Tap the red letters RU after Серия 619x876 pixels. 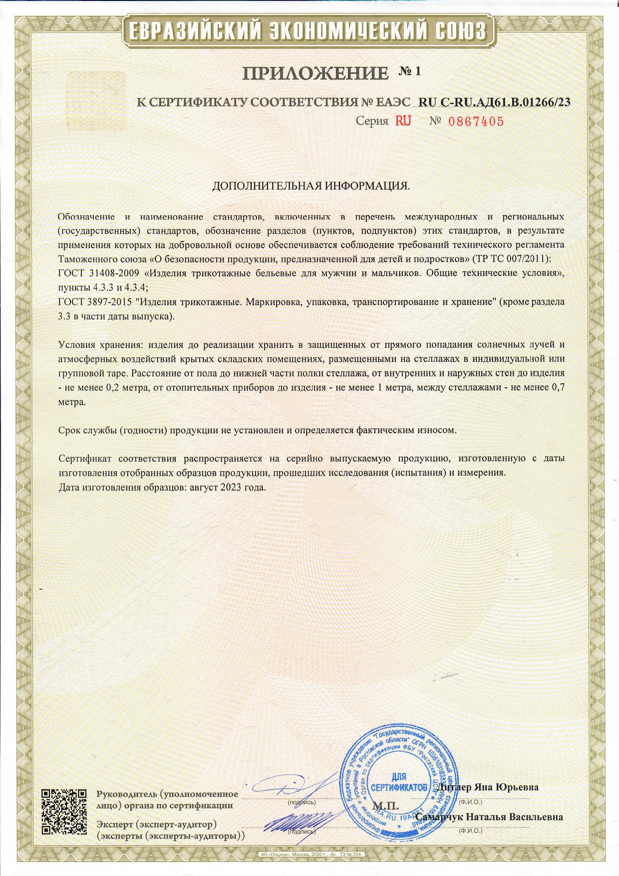(x=403, y=121)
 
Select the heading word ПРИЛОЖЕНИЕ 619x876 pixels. (x=315, y=74)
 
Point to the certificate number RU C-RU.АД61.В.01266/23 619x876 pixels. (x=494, y=102)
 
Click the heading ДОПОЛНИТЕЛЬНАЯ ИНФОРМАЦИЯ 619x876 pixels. (x=311, y=186)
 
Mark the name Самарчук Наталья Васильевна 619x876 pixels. (x=489, y=817)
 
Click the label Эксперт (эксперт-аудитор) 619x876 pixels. (x=156, y=824)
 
